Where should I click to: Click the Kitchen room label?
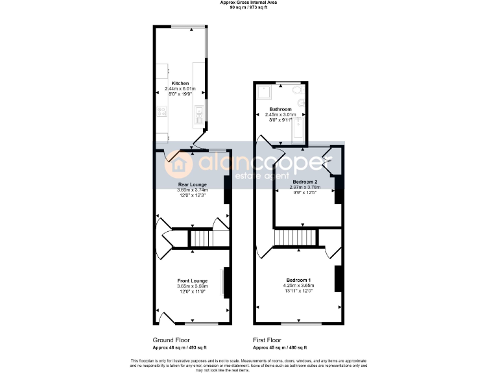pyautogui.click(x=180, y=83)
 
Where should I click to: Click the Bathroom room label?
pyautogui.click(x=281, y=109)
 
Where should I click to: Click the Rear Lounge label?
pyautogui.click(x=193, y=184)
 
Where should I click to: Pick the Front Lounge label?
pyautogui.click(x=192, y=281)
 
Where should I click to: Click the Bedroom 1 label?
pyautogui.click(x=298, y=279)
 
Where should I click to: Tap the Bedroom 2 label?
pyautogui.click(x=304, y=181)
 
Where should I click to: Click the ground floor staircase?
pyautogui.click(x=200, y=239)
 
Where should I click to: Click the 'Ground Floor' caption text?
pyautogui.click(x=172, y=340)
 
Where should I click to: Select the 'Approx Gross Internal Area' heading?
pyautogui.click(x=249, y=3)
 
